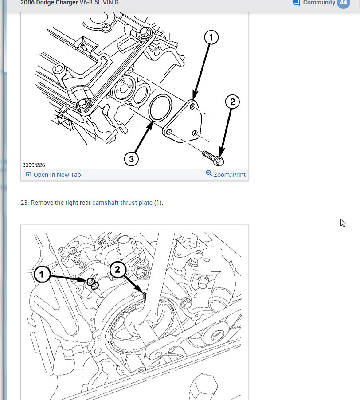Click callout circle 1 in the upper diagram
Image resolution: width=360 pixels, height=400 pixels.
211,38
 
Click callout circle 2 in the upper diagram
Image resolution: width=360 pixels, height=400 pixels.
232,102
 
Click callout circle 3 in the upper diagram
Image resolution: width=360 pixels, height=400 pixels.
132,158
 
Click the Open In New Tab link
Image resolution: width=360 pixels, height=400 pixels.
57,175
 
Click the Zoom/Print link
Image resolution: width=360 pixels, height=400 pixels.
229,175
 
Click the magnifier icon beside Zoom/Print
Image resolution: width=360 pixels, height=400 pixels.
209,173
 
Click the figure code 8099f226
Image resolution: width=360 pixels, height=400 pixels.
34,165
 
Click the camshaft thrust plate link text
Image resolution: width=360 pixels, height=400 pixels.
122,203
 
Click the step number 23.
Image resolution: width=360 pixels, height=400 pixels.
24,203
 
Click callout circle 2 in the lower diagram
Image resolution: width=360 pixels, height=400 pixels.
117,269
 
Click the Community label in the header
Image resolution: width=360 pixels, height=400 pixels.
319,3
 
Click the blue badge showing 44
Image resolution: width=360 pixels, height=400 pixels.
343,3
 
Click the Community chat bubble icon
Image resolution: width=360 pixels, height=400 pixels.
296,3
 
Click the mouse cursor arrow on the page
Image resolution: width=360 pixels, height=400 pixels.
342,222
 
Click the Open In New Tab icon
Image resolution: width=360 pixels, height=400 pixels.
28,175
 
